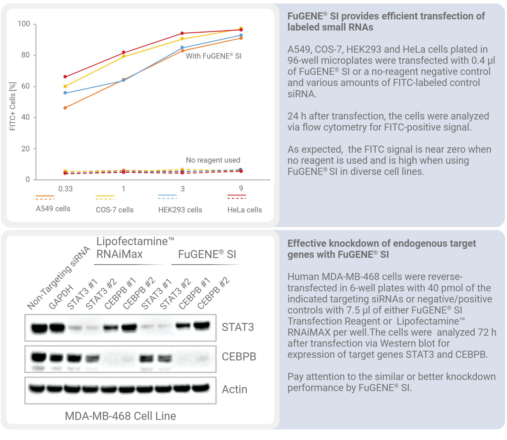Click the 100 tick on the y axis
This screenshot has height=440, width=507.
pyautogui.click(x=24, y=24)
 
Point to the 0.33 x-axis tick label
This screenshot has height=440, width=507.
pyautogui.click(x=66, y=189)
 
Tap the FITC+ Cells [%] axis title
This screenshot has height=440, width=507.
pyautogui.click(x=13, y=106)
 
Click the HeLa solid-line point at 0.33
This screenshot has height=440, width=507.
pyautogui.click(x=65, y=77)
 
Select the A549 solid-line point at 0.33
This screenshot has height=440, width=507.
pyautogui.click(x=65, y=108)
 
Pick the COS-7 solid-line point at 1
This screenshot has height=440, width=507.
pyautogui.click(x=124, y=56)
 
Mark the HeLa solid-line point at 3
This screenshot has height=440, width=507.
pyautogui.click(x=182, y=33)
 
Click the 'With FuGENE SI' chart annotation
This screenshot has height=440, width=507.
pyautogui.click(x=213, y=56)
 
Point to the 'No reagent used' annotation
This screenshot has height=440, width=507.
pyautogui.click(x=213, y=160)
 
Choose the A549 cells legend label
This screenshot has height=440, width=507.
pyautogui.click(x=53, y=209)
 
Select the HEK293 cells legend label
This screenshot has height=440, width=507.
pyautogui.click(x=180, y=210)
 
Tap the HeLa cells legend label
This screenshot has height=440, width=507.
pyautogui.click(x=245, y=210)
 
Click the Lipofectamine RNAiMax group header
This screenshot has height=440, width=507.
pyautogui.click(x=134, y=248)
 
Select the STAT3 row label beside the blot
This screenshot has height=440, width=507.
pyautogui.click(x=238, y=327)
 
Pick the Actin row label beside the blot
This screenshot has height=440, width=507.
pyautogui.click(x=235, y=389)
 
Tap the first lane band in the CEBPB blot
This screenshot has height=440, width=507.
pyautogui.click(x=38, y=357)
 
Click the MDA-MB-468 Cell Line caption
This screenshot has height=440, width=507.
pyautogui.click(x=120, y=416)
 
